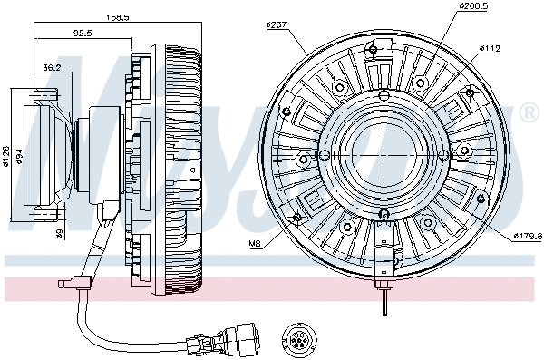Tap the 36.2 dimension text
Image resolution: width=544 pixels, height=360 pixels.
[53, 66]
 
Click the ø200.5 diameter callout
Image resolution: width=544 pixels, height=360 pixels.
[473, 5]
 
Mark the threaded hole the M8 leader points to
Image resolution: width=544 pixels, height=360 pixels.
[296, 219]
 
